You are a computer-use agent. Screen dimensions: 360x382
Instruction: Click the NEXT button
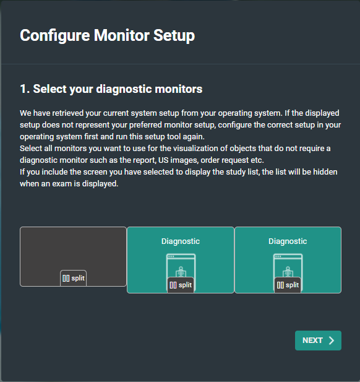(x=318, y=341)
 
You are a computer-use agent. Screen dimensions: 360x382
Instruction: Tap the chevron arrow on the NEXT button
(x=332, y=341)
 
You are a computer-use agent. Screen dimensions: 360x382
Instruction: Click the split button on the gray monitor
(x=73, y=278)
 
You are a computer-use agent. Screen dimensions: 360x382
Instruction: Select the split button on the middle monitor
(x=181, y=285)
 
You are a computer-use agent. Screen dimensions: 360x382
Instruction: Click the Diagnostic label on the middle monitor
(x=181, y=241)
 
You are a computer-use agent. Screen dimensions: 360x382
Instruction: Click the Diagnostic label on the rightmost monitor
(x=288, y=241)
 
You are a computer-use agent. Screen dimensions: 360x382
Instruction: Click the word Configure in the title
(x=55, y=35)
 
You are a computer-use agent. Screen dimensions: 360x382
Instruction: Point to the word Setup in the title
(x=174, y=35)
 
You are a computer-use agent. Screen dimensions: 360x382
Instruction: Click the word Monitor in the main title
(x=122, y=35)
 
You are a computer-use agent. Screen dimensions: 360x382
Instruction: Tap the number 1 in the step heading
(x=23, y=89)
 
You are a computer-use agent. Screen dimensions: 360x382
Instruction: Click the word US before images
(x=163, y=160)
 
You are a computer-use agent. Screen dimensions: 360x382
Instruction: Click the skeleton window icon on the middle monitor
(x=181, y=266)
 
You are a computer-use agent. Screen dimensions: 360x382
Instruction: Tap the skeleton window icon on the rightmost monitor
(x=288, y=266)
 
